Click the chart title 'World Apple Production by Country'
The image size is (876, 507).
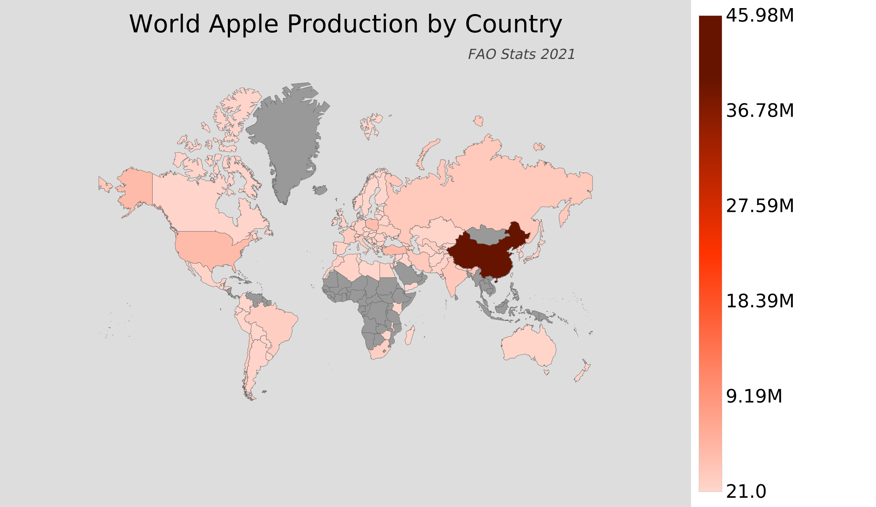[x=345, y=24]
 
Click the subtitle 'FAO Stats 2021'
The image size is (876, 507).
[x=521, y=55]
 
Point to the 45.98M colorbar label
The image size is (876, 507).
[x=760, y=16]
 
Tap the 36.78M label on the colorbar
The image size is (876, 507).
[x=760, y=111]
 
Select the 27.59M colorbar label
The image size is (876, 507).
[x=760, y=206]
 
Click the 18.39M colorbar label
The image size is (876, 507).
[x=760, y=301]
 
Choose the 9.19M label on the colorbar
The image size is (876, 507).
[x=754, y=396]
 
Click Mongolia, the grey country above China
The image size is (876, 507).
[x=488, y=235]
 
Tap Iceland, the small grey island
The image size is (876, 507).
[x=320, y=190]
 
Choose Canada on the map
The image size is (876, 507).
[x=193, y=204]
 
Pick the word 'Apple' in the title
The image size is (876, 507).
[x=244, y=24]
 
